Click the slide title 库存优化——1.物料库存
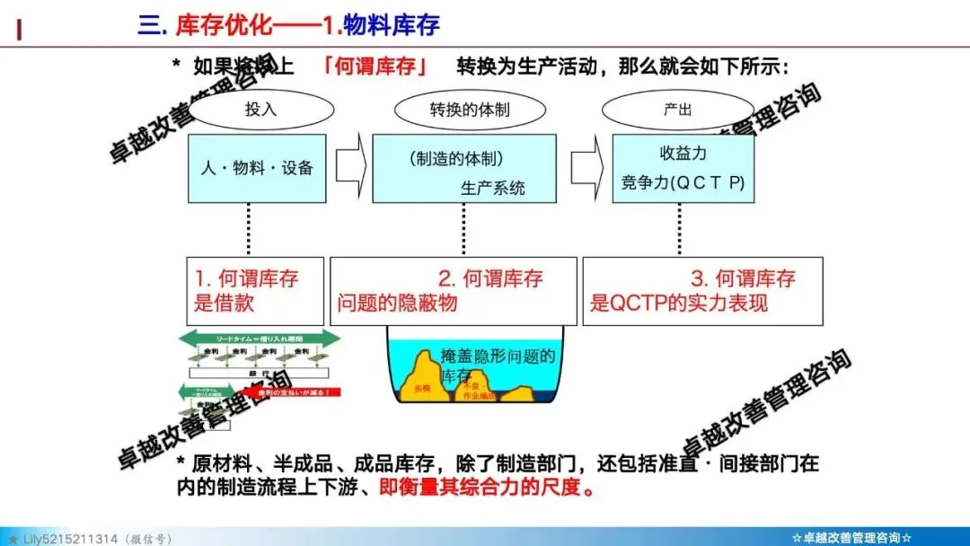pyautogui.click(x=287, y=24)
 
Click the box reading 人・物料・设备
pyautogui.click(x=257, y=168)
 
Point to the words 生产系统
pyautogui.click(x=492, y=189)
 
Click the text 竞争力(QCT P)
pyautogui.click(x=683, y=182)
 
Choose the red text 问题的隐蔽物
pyautogui.click(x=397, y=303)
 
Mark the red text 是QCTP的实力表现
pyautogui.click(x=678, y=303)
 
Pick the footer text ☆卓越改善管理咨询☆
pyautogui.click(x=852, y=538)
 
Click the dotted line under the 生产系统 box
pyautogui.click(x=463, y=229)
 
